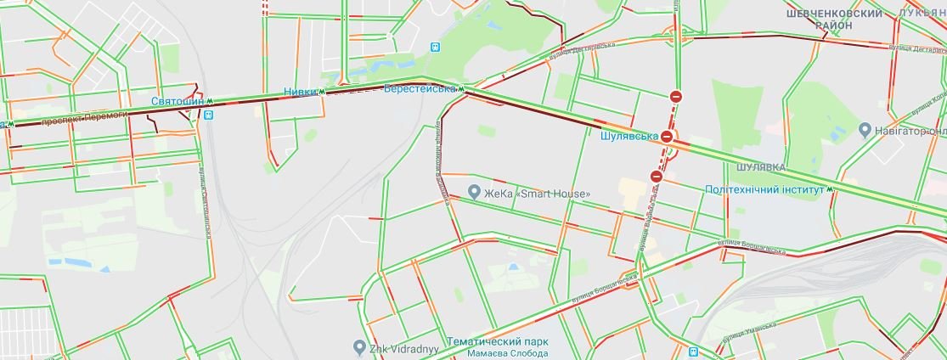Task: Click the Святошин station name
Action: [178, 102]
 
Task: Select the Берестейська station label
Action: [420, 88]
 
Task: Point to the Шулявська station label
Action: [629, 136]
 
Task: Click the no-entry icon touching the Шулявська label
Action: [668, 136]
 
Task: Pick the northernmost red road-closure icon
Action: [675, 97]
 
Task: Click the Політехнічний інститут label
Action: [765, 189]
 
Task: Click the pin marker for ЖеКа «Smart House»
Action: [475, 193]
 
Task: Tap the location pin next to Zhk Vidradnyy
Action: [359, 346]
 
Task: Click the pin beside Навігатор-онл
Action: [865, 130]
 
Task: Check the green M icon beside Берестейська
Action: [462, 88]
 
